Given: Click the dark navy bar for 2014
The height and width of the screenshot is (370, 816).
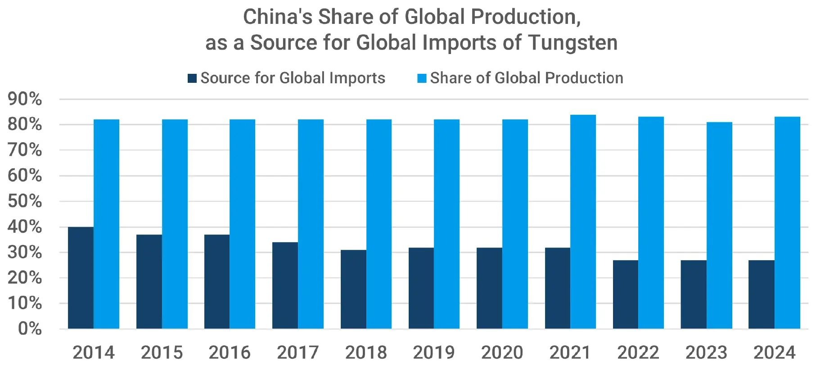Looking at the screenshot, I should pyautogui.click(x=81, y=278).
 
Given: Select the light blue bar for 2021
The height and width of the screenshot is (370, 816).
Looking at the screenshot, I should pyautogui.click(x=583, y=222).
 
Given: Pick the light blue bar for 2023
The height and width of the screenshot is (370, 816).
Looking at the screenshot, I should pyautogui.click(x=719, y=226).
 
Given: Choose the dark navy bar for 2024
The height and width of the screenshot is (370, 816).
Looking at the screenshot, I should pyautogui.click(x=762, y=294).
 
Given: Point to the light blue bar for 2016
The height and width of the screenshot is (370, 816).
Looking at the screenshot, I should pyautogui.click(x=243, y=224).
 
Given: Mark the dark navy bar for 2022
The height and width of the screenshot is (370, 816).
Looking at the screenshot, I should pyautogui.click(x=626, y=294).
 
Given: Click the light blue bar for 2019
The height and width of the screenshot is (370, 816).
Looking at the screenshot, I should pyautogui.click(x=446, y=224).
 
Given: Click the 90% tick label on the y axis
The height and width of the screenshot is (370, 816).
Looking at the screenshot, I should pyautogui.click(x=25, y=99).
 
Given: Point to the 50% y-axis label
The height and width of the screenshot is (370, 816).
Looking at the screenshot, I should pyautogui.click(x=25, y=201).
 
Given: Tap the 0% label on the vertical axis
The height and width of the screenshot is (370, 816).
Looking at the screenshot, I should pyautogui.click(x=30, y=329).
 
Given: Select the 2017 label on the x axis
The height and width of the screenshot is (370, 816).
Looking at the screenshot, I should pyautogui.click(x=298, y=352).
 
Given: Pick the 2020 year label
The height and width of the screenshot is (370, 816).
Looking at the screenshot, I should pyautogui.click(x=502, y=352).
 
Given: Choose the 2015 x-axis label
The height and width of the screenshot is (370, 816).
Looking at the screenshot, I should pyautogui.click(x=162, y=352).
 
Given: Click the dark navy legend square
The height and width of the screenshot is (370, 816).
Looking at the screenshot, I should pyautogui.click(x=192, y=78).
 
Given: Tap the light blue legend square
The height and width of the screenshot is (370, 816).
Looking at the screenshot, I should pyautogui.click(x=422, y=78).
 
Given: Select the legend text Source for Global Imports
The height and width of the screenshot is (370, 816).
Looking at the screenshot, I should pyautogui.click(x=293, y=78).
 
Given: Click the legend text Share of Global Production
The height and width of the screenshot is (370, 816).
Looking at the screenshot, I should pyautogui.click(x=527, y=78).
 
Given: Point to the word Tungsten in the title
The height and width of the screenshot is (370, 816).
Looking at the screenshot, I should pyautogui.click(x=573, y=43).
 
